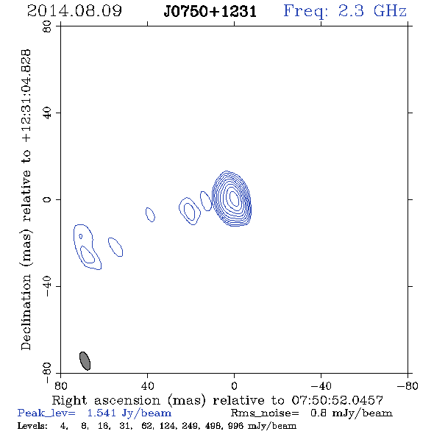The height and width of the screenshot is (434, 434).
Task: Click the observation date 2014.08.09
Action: [74, 11]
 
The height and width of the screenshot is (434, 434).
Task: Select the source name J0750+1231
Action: [210, 12]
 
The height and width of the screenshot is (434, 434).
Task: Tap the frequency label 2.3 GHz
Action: [372, 11]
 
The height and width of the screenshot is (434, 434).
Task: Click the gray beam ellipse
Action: [85, 361]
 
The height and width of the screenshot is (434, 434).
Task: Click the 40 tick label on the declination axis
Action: [47, 113]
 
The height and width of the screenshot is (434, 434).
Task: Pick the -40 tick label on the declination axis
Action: [47, 286]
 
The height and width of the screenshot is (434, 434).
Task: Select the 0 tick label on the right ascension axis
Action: [234, 385]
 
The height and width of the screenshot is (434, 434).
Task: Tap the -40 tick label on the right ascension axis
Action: [321, 385]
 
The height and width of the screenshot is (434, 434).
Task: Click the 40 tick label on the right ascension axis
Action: [147, 385]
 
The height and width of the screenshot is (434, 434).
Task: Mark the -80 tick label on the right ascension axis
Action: [408, 385]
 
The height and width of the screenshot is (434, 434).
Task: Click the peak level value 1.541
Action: [102, 413]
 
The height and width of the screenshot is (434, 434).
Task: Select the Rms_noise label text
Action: [265, 413]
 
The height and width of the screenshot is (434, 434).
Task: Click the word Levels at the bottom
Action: [32, 426]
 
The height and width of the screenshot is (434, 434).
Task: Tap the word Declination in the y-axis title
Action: [26, 313]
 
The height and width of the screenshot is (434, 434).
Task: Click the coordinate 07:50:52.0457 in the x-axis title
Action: [337, 400]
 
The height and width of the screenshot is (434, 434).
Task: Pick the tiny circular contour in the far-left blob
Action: [80, 236]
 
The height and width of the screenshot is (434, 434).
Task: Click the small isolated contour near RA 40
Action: [150, 215]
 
